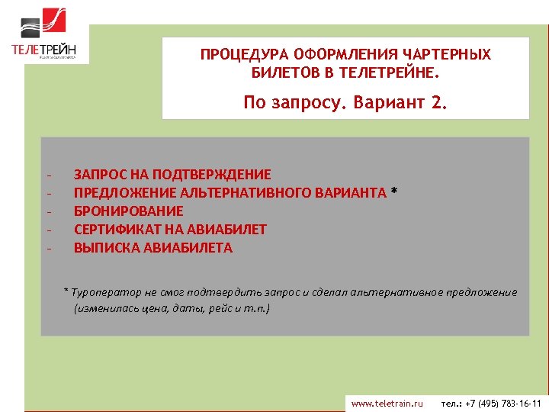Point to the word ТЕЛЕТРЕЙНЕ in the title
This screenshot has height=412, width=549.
pos(387,74)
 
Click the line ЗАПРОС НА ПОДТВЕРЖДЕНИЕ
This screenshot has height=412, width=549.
pos(172,175)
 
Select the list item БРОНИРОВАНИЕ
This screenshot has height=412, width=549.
pos(129,211)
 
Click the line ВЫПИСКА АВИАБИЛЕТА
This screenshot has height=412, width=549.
pos(153,248)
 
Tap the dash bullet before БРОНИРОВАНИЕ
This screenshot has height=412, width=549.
pos(49,211)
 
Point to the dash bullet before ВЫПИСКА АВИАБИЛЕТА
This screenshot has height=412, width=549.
pos(49,248)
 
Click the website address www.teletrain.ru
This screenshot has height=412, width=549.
pos(387,403)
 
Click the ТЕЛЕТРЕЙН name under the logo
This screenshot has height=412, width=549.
pos(44,50)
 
